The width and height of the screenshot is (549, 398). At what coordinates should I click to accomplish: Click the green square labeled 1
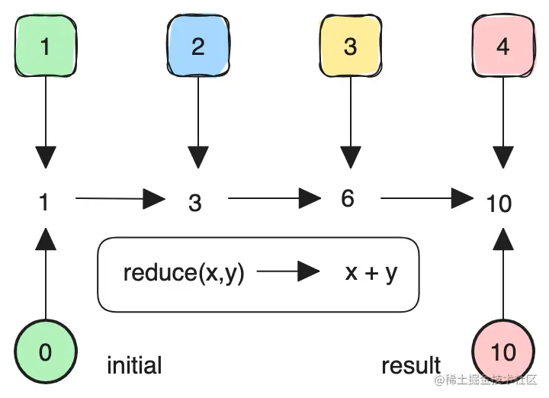pos(45,47)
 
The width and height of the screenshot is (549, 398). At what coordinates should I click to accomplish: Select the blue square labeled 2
pos(197,47)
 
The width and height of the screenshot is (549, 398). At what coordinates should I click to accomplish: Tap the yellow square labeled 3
pos(350,47)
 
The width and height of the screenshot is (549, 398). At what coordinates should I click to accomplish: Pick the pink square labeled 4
pos(502,47)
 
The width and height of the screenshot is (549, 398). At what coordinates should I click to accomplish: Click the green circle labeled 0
pos(45,352)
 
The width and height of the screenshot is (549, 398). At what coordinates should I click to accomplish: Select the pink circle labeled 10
pos(502,352)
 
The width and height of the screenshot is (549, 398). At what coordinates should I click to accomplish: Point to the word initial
pos(134,364)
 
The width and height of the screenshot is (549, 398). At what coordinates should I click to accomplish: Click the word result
pos(411,364)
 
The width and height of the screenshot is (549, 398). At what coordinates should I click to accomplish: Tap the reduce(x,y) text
pos(184,272)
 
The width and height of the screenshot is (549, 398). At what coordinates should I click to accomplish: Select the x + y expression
pos(371,272)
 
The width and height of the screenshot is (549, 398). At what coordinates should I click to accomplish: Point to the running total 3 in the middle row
pos(195,203)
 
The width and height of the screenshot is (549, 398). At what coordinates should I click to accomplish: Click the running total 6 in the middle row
pos(348,198)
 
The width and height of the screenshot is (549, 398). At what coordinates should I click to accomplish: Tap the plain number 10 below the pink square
pos(499,204)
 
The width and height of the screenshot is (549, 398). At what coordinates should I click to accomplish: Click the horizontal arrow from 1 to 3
pos(120,200)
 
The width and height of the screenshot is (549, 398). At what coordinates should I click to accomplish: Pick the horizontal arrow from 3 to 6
pos(274,200)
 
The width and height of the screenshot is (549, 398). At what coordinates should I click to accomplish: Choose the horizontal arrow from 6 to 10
pos(427,200)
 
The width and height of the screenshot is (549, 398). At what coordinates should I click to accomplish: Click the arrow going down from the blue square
pos(198,122)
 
